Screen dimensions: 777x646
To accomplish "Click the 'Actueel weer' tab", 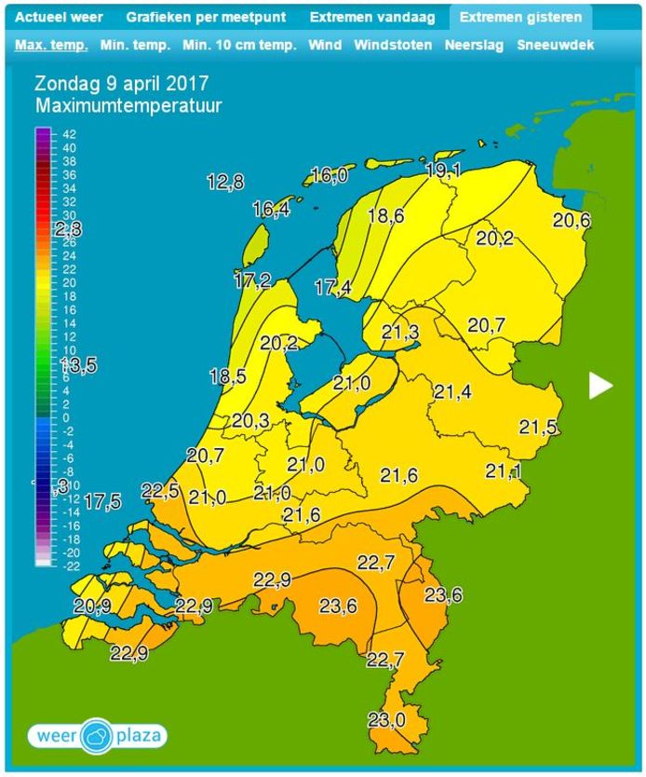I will click(x=59, y=17).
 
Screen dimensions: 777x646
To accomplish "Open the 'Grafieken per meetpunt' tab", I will click(x=207, y=17).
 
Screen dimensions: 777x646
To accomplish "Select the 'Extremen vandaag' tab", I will click(x=372, y=17).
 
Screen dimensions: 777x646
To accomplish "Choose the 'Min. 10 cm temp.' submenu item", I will click(x=239, y=45).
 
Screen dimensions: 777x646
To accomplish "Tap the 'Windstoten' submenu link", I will click(x=393, y=45).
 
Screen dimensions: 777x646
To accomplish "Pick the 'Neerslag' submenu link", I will click(x=475, y=45).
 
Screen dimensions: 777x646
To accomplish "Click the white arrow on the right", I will click(x=601, y=385).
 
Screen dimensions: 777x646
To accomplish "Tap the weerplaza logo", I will click(x=97, y=736).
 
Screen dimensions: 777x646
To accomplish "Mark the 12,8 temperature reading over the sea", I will click(x=225, y=183).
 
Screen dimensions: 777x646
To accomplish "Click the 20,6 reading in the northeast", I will click(x=571, y=220).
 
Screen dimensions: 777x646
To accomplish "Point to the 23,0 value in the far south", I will click(x=386, y=719).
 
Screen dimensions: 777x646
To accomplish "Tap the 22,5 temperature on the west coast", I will click(x=159, y=490).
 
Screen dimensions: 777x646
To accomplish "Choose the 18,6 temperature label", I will click(x=385, y=216).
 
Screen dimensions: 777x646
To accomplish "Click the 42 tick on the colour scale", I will click(x=69, y=135).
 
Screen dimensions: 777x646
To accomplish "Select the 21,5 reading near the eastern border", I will click(x=538, y=428).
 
